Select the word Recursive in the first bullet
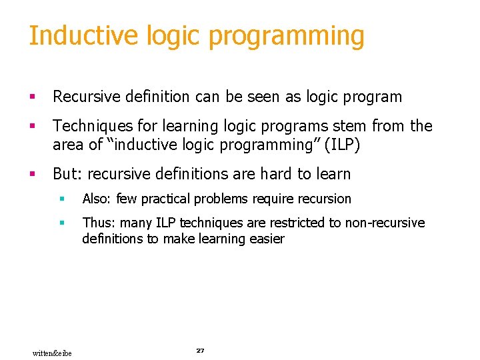pos(85,97)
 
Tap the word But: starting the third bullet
pos(68,174)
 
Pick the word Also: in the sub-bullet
pos(97,199)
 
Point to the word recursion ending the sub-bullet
pos(325,199)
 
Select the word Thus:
pos(98,223)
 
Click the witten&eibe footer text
pos(52,353)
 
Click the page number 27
pos(200,351)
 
